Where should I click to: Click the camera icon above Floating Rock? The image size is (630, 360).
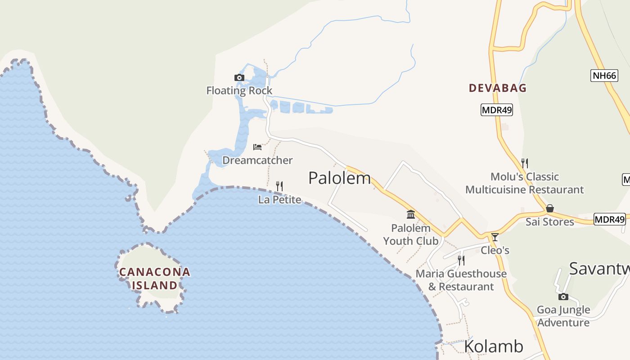pyautogui.click(x=239, y=78)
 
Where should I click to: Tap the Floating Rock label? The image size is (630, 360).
pyautogui.click(x=239, y=90)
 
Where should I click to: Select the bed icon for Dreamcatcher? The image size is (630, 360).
pyautogui.click(x=257, y=147)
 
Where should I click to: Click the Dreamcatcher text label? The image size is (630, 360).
pyautogui.click(x=257, y=160)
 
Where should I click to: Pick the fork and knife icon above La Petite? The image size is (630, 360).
pyautogui.click(x=279, y=186)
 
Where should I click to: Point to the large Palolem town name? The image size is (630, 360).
pyautogui.click(x=339, y=178)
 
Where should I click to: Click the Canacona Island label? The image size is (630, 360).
pyautogui.click(x=155, y=279)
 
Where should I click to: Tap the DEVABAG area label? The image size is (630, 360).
pyautogui.click(x=498, y=88)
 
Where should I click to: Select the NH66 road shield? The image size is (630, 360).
pyautogui.click(x=604, y=76)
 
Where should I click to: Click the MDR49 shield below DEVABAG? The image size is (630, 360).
pyautogui.click(x=497, y=110)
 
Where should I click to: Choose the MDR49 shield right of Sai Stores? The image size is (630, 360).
pyautogui.click(x=610, y=220)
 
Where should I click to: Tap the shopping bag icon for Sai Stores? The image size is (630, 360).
pyautogui.click(x=549, y=208)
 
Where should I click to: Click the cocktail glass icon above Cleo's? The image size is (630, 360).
pyautogui.click(x=495, y=237)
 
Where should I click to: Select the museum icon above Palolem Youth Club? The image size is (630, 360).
pyautogui.click(x=411, y=215)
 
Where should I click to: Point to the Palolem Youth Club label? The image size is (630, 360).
pyautogui.click(x=410, y=234)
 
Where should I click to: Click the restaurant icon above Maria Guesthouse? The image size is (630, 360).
pyautogui.click(x=461, y=260)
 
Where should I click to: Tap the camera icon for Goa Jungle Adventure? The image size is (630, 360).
pyautogui.click(x=563, y=297)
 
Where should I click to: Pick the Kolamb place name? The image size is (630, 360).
pyautogui.click(x=494, y=346)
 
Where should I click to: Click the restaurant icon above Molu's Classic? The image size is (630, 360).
pyautogui.click(x=524, y=163)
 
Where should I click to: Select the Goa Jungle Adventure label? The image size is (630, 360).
pyautogui.click(x=563, y=316)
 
